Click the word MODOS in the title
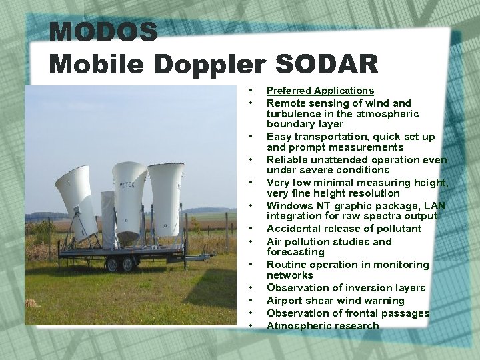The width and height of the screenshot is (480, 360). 103,31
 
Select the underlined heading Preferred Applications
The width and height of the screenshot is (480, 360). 320,91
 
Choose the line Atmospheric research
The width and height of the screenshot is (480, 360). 323,326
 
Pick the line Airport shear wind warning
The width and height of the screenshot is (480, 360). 335,301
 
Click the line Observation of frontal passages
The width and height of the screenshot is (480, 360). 347,313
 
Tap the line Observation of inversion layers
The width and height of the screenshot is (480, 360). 345,288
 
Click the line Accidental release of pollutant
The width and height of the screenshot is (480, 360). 343,229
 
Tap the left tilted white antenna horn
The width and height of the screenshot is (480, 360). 77,200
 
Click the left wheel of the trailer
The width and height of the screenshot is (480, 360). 111,265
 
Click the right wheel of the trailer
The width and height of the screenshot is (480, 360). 129,265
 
